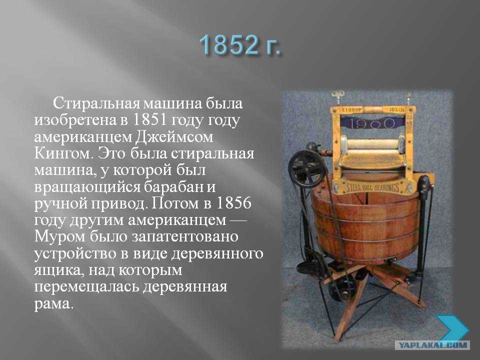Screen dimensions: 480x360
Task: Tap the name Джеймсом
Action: click(174, 136)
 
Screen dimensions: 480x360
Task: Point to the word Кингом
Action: click(63, 153)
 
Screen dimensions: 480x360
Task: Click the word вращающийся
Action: click(87, 186)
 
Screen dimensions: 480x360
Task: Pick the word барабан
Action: click(174, 186)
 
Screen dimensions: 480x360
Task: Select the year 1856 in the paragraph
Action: click(234, 202)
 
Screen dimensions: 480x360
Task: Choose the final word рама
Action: click(54, 304)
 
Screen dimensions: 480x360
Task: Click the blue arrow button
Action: click(452, 329)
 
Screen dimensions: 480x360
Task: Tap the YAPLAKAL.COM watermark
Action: click(432, 345)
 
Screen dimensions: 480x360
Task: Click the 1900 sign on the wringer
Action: click(372, 123)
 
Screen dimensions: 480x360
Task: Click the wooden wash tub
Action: click(366, 226)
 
